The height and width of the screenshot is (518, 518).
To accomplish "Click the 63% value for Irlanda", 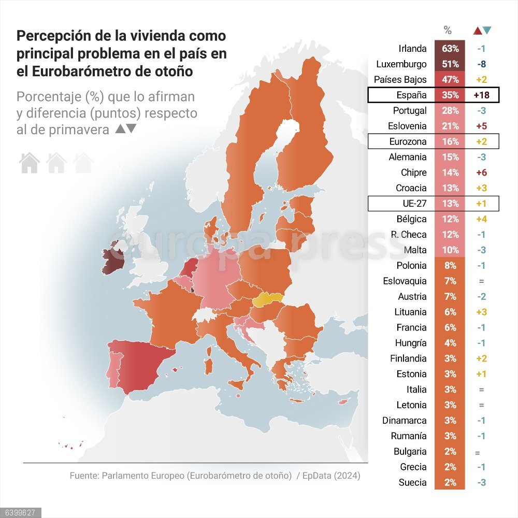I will [x=450, y=49].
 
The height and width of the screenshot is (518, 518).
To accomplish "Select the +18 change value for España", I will [x=482, y=95].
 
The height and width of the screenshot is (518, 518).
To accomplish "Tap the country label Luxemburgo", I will [x=401, y=64].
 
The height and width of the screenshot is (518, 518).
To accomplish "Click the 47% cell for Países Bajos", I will [x=450, y=80].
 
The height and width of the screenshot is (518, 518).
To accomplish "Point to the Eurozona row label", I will [x=408, y=141].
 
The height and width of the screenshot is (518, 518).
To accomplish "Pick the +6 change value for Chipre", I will [x=482, y=172].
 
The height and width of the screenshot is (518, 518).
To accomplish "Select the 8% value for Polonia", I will [x=450, y=265].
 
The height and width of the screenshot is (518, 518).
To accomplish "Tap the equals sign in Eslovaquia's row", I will [x=481, y=281].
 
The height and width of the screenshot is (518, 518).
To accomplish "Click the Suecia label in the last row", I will [x=413, y=482].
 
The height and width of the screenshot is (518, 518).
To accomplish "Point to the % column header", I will [x=448, y=31].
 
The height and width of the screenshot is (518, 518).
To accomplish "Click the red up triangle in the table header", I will [x=478, y=31].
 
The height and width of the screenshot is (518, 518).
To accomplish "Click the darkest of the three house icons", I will [x=30, y=163].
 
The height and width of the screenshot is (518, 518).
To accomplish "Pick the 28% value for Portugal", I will [x=450, y=110].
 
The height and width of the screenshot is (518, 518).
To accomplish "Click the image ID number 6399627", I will [x=18, y=513].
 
